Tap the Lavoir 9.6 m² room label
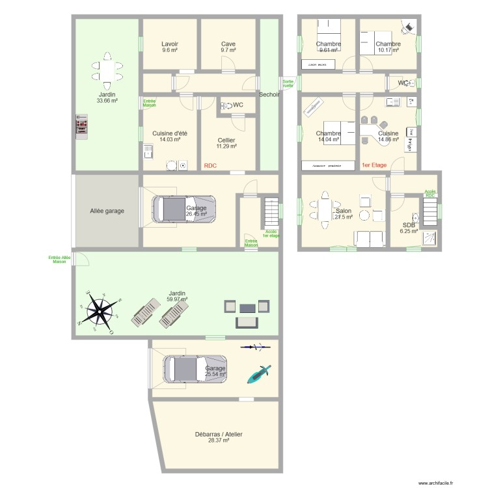(170, 47)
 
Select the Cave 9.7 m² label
(228, 47)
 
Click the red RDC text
(210, 166)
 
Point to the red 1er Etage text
(373, 165)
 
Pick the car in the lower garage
(194, 369)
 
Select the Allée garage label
(107, 211)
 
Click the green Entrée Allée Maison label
(60, 259)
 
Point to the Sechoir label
(269, 94)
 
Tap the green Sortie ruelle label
(288, 83)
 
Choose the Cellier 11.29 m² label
(226, 143)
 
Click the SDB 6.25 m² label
(409, 227)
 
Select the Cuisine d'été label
(169, 136)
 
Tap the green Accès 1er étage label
(271, 234)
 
